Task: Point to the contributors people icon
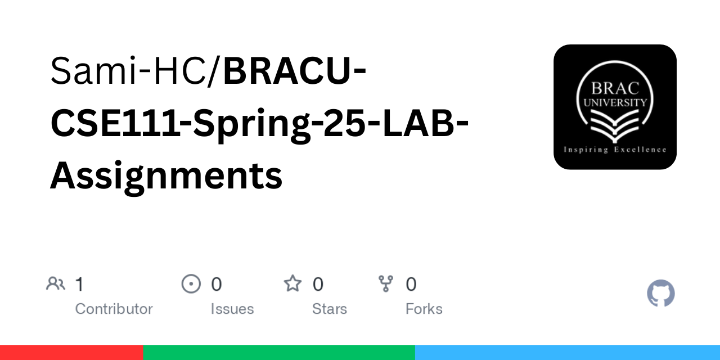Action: tap(55, 283)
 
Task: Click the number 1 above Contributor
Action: tap(79, 285)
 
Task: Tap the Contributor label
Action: tap(114, 309)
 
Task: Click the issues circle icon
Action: tap(191, 283)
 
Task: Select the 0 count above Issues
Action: tap(216, 285)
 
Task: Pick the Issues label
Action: tap(232, 309)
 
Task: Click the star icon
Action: tap(292, 283)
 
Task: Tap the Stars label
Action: tap(330, 309)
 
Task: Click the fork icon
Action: tap(386, 283)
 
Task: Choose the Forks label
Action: tap(424, 309)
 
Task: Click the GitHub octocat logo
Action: tap(660, 294)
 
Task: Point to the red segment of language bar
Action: tap(71, 353)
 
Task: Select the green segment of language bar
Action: tap(279, 353)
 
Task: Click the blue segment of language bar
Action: tap(568, 353)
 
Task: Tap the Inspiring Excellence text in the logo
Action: tap(615, 150)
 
